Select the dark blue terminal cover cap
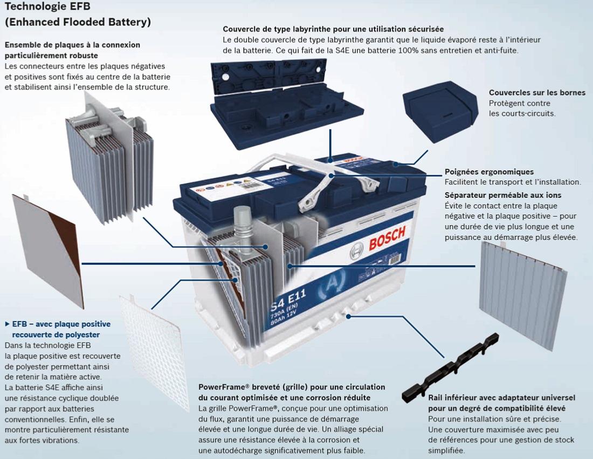tap(440, 114)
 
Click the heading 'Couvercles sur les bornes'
tap(536, 93)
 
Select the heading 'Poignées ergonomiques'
tap(488, 172)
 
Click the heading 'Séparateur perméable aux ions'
tap(502, 195)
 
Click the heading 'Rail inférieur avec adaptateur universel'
tap(501, 398)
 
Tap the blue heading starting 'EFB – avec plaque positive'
tap(60, 324)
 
